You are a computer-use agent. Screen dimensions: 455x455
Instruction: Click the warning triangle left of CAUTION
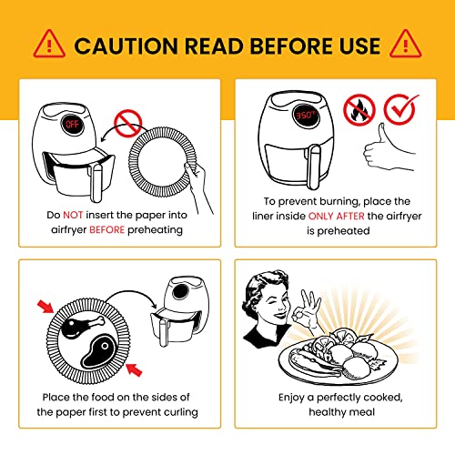(x=49, y=44)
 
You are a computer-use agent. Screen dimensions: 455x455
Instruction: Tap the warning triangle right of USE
(x=405, y=44)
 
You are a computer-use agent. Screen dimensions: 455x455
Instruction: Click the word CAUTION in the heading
(x=126, y=46)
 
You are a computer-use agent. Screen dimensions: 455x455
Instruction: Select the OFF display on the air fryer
(x=73, y=124)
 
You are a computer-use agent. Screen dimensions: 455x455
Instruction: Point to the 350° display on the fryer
(x=306, y=116)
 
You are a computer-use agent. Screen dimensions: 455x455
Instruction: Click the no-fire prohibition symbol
(x=359, y=110)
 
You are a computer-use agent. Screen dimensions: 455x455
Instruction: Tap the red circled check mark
(x=400, y=109)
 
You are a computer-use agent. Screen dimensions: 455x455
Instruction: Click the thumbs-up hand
(x=387, y=147)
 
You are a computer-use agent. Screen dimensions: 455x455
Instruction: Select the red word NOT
(x=73, y=215)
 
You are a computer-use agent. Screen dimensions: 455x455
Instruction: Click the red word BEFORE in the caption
(x=106, y=229)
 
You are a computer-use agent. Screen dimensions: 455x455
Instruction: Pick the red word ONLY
(x=321, y=216)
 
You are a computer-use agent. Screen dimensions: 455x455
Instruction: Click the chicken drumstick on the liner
(x=82, y=326)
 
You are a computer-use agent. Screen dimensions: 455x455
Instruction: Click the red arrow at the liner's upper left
(x=45, y=307)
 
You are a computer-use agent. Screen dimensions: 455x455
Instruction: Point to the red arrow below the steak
(x=134, y=369)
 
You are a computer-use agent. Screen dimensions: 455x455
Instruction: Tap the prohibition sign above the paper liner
(x=127, y=123)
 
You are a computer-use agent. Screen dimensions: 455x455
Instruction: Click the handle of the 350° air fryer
(x=314, y=167)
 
